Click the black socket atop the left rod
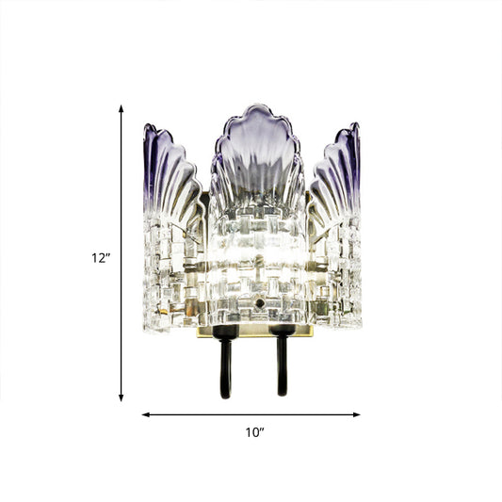tap(225, 334)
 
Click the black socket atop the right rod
tap(280, 334)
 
